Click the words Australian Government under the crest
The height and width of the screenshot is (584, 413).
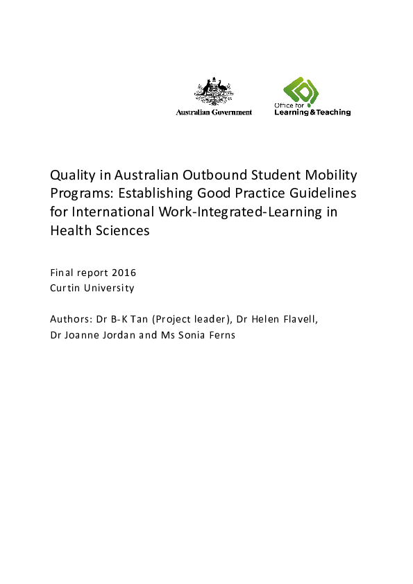pyautogui.click(x=214, y=112)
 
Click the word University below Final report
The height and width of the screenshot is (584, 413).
pyautogui.click(x=110, y=288)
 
